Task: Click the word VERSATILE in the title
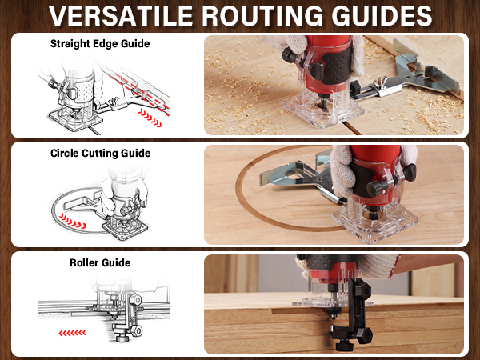(121, 15)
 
